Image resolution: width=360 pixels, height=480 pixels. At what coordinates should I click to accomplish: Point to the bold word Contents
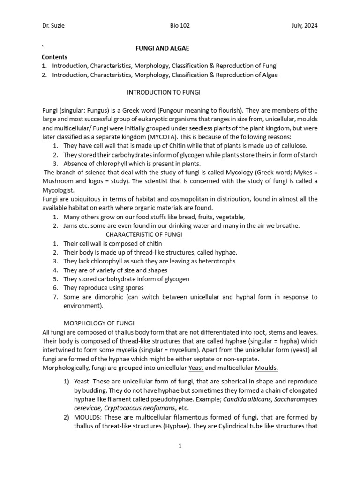coord(55,57)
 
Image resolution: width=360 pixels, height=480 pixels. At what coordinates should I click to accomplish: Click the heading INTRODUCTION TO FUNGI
coord(157,93)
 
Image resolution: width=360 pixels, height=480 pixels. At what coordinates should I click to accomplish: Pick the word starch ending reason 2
coord(307,155)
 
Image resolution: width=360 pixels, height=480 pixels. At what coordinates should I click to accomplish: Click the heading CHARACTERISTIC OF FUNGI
coord(144,234)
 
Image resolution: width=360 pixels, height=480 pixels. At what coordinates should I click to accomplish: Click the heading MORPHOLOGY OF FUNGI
coord(99,323)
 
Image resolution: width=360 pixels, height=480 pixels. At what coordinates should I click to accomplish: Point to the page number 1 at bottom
coord(180,446)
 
